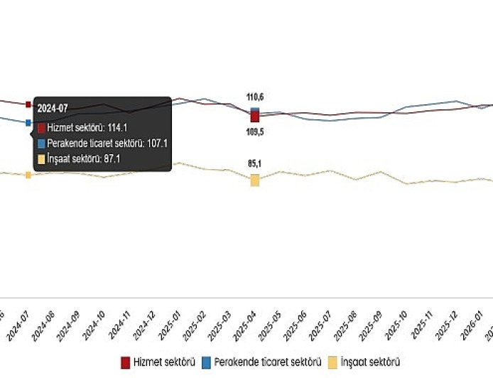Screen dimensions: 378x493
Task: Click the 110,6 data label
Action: pyautogui.click(x=255, y=97)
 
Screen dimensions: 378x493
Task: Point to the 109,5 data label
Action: pyautogui.click(x=255, y=131)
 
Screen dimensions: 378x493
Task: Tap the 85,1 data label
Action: pyautogui.click(x=255, y=164)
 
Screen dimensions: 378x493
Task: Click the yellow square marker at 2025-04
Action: pyautogui.click(x=255, y=180)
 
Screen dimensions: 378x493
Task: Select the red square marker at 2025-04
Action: pyautogui.click(x=255, y=117)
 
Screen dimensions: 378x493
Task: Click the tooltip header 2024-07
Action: pyautogui.click(x=52, y=108)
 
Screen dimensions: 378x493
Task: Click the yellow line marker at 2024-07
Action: pyautogui.click(x=28, y=175)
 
